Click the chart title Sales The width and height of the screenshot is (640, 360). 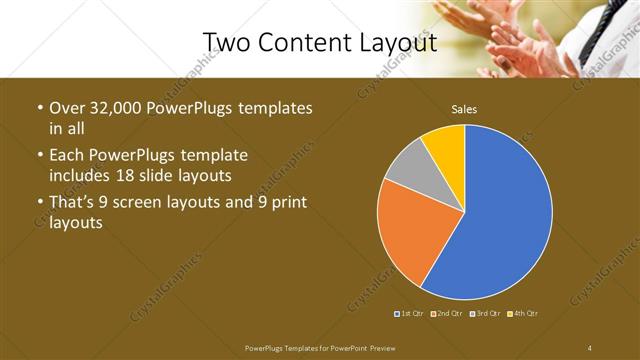pos(464,109)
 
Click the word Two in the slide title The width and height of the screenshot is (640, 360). pos(225,43)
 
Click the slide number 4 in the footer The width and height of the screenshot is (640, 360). pos(590,347)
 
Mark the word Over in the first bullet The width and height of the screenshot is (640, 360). pos(66,109)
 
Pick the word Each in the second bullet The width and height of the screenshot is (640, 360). pos(66,155)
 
